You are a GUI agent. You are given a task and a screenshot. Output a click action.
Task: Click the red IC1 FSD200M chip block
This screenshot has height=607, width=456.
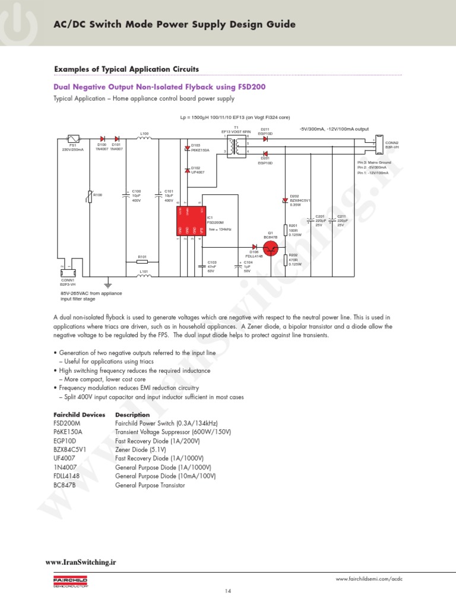tap(191, 221)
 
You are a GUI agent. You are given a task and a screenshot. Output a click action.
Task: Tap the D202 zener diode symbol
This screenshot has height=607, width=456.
tap(285, 201)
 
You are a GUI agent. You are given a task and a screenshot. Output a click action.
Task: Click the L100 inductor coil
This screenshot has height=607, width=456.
tap(144, 139)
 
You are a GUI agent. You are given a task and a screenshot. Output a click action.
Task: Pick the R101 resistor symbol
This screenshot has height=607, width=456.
tap(142, 261)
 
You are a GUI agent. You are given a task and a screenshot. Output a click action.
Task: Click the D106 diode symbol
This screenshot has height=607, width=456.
tap(255, 247)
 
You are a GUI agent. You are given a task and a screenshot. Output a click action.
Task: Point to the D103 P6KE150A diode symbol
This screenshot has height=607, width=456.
tap(187, 148)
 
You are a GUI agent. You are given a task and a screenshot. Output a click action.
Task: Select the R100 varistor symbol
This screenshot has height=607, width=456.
tap(90, 196)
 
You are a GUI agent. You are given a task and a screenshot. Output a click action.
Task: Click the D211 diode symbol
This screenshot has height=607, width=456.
tap(265, 139)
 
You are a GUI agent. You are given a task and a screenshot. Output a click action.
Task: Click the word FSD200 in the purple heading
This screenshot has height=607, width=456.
tap(251, 87)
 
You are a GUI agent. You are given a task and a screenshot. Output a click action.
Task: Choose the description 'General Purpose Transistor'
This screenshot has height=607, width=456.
tap(150, 485)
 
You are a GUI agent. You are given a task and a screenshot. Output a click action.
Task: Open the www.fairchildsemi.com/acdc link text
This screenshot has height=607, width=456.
tap(372, 579)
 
